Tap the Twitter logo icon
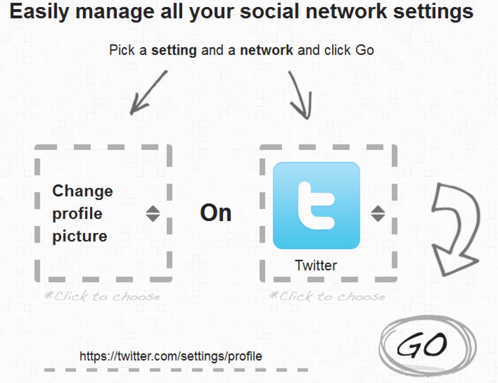point(316,206)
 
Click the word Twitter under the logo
point(316,265)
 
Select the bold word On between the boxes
point(215,213)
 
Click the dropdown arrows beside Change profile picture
point(153,214)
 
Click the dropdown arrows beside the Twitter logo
point(378,214)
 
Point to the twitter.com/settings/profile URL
point(171,356)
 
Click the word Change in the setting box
point(83,191)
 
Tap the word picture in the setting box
point(80,236)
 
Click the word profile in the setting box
point(77,214)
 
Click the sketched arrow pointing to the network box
point(301,95)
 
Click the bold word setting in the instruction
point(173,51)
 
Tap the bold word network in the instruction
point(267,51)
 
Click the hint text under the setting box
point(102,296)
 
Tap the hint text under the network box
point(327,296)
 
